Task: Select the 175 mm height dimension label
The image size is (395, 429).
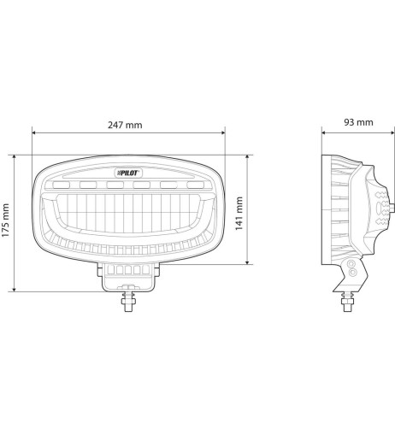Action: (x=7, y=224)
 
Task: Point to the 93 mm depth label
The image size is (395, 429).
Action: (x=357, y=122)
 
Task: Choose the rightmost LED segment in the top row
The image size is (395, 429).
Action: (x=195, y=185)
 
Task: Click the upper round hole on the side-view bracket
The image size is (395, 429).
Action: (x=351, y=267)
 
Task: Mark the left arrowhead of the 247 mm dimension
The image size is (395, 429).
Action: (x=34, y=133)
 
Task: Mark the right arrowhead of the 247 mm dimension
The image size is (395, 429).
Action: (x=223, y=133)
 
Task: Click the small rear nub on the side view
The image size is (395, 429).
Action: (x=392, y=208)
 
